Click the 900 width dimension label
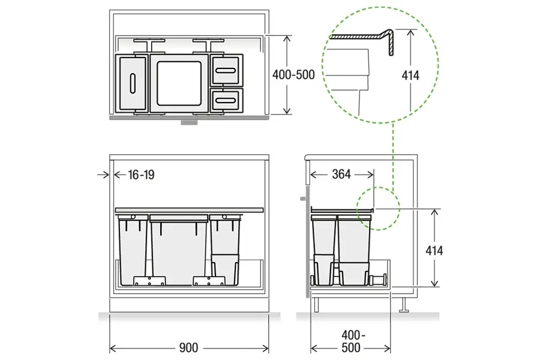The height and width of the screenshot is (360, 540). point(189,348)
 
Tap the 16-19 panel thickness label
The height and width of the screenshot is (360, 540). point(141,175)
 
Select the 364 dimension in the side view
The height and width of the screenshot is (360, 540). point(341,175)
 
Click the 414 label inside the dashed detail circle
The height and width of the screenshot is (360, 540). point(410,76)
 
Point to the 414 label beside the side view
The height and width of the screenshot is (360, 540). point(434,250)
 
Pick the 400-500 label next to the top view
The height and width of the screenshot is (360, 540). point(293,75)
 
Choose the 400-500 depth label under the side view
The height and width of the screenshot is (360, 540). point(352,341)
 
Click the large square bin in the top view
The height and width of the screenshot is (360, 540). point(179,84)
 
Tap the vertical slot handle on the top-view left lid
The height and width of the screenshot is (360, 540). point(133,83)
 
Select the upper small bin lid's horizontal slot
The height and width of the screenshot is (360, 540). point(226,71)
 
